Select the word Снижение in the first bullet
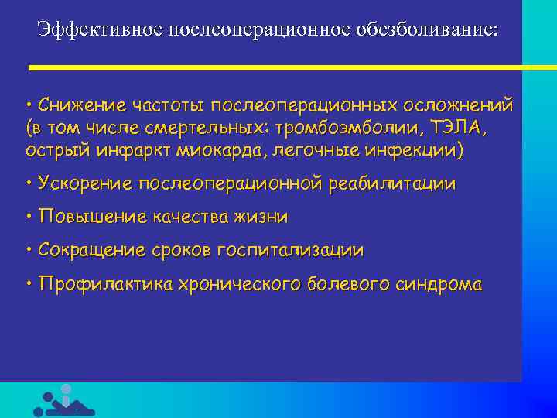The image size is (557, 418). click(80, 104)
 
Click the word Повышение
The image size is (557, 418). click(87, 218)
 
